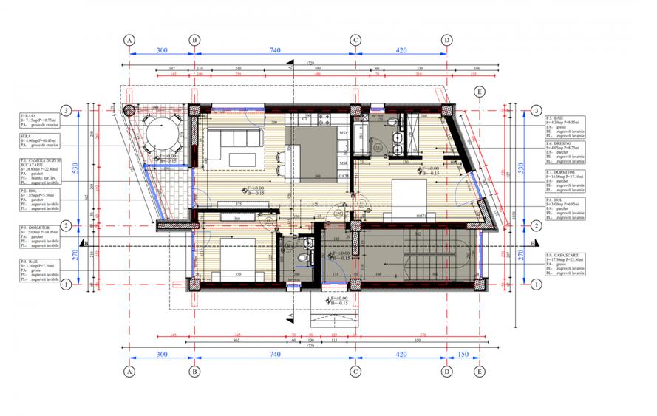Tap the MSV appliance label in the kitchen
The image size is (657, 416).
tap(344, 132)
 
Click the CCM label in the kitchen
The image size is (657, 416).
tap(344, 176)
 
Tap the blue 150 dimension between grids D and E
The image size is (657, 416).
tap(463, 355)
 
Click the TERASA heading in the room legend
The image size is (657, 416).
tap(30, 115)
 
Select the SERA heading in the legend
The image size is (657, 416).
tap(27, 137)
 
